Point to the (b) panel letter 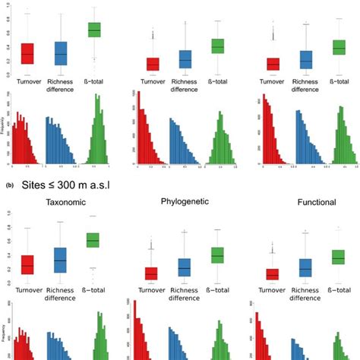8,184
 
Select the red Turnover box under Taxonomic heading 27,264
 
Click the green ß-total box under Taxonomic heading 93,240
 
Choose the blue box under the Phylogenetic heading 184,267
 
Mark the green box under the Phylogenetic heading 217,255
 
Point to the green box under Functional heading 339,257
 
